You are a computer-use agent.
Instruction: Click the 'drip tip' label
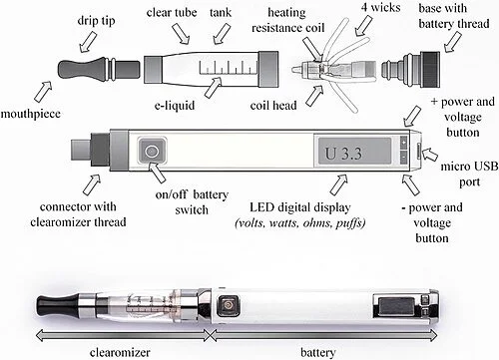pyautogui.click(x=96, y=21)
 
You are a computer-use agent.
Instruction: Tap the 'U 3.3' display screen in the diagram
pyautogui.click(x=354, y=151)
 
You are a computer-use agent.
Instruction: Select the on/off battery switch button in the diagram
pyautogui.click(x=152, y=152)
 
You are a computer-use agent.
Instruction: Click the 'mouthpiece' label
pyautogui.click(x=31, y=114)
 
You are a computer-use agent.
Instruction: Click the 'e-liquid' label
pyautogui.click(x=175, y=106)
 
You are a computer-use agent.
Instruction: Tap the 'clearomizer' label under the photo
pyautogui.click(x=120, y=352)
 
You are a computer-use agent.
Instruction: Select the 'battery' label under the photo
pyautogui.click(x=317, y=352)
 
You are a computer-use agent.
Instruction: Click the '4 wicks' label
pyautogui.click(x=381, y=7)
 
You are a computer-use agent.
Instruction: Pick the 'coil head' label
pyautogui.click(x=273, y=106)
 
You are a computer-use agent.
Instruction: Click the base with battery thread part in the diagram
pyautogui.click(x=411, y=70)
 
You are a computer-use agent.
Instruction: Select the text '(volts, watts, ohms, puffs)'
pyautogui.click(x=300, y=223)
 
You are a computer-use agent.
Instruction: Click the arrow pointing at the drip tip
pyautogui.click(x=88, y=43)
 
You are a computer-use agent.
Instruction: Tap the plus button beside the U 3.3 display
pyautogui.click(x=403, y=142)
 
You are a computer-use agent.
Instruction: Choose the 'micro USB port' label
pyautogui.click(x=469, y=175)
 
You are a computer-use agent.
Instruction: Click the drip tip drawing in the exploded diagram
pyautogui.click(x=99, y=68)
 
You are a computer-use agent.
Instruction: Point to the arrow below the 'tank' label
pyautogui.click(x=222, y=33)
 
